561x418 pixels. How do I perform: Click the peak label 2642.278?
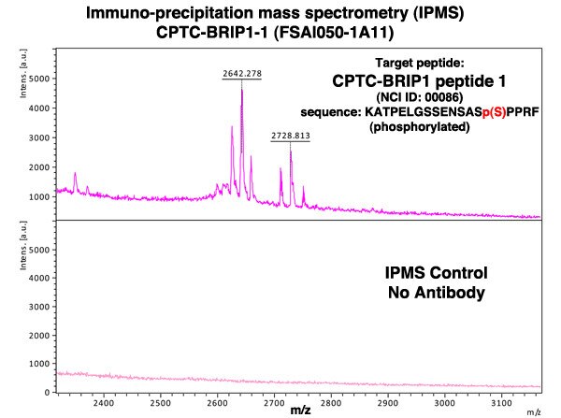click(x=241, y=73)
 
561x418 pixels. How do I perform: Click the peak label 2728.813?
click(x=291, y=136)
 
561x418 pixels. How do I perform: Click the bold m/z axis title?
click(x=300, y=410)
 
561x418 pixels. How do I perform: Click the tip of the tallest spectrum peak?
click(x=241, y=90)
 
